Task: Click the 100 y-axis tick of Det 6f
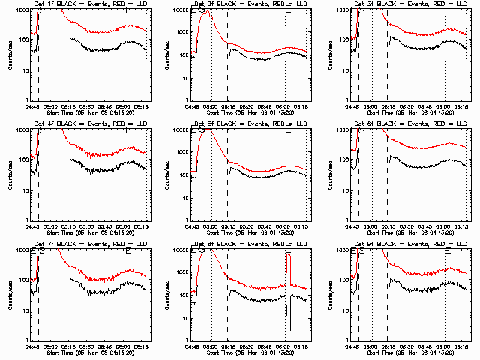(x=344, y=160)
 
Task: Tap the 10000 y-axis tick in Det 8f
(x=182, y=250)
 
